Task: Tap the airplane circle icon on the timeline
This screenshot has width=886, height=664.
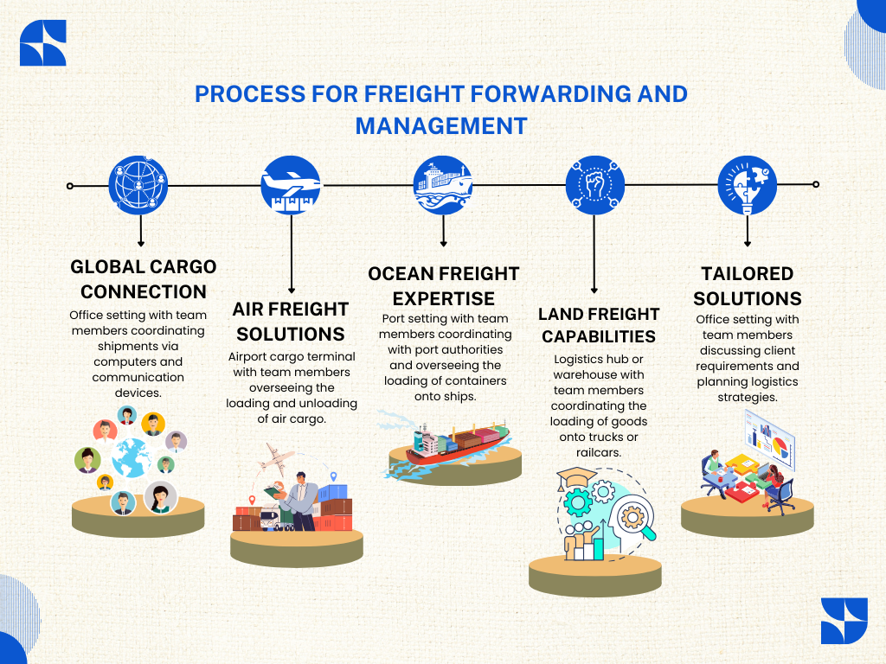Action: (x=292, y=185)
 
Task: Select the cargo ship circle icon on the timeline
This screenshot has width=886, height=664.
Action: (x=443, y=185)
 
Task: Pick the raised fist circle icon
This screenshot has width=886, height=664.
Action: (x=595, y=185)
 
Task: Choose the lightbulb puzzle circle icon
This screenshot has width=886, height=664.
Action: (x=748, y=185)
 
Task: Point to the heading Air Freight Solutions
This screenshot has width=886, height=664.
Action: (x=291, y=321)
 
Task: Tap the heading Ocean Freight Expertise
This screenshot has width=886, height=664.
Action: (x=443, y=286)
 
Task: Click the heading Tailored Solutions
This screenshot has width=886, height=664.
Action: (x=748, y=286)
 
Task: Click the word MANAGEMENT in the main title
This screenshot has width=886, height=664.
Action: (x=441, y=125)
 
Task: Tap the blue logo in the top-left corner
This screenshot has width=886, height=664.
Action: (x=42, y=43)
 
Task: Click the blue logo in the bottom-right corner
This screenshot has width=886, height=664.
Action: (x=844, y=620)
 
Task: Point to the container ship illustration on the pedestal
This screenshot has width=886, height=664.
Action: (x=450, y=444)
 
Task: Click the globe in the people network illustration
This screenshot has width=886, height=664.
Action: (x=132, y=458)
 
